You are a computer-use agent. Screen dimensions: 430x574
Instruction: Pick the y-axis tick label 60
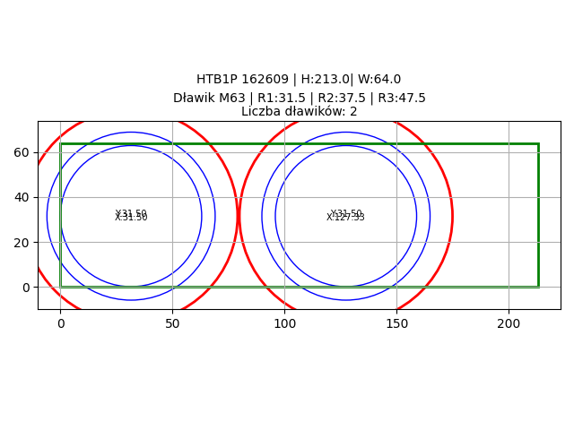point(22,152)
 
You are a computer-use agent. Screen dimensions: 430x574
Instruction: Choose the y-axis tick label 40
point(22,197)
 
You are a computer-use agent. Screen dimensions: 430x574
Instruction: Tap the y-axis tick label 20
point(22,242)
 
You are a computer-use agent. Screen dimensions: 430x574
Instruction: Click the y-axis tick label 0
point(25,287)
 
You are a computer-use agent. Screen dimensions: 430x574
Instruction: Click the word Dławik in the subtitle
point(194,99)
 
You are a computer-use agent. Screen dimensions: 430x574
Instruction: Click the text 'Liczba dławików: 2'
point(299,112)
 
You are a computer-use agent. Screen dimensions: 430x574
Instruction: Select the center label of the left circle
point(131,216)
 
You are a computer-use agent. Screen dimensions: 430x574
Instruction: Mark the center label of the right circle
point(345,216)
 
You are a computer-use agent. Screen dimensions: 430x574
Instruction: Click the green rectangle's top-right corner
point(538,143)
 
